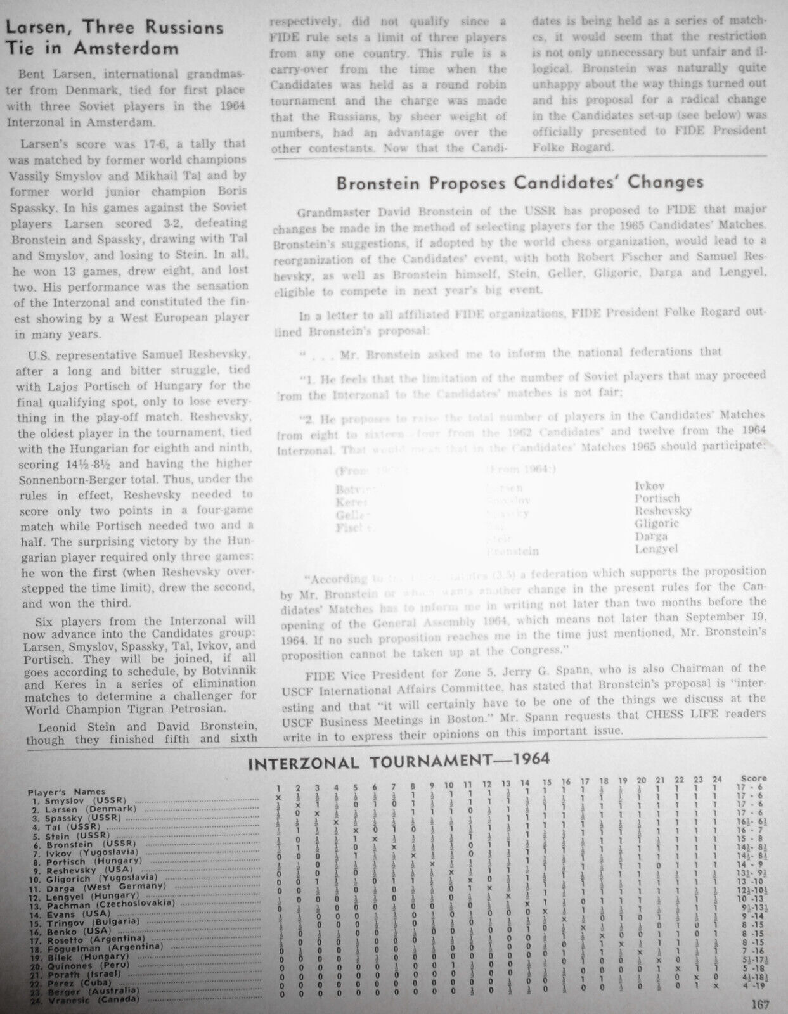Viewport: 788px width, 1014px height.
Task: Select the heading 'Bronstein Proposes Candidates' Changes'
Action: tap(519, 183)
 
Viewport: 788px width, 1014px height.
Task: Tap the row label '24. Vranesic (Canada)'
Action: tap(83, 999)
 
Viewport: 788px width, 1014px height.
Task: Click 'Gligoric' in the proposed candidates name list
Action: tap(656, 523)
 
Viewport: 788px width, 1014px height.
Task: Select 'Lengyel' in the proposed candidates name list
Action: tap(656, 549)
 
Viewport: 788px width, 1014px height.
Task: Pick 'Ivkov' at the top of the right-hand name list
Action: tap(650, 486)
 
